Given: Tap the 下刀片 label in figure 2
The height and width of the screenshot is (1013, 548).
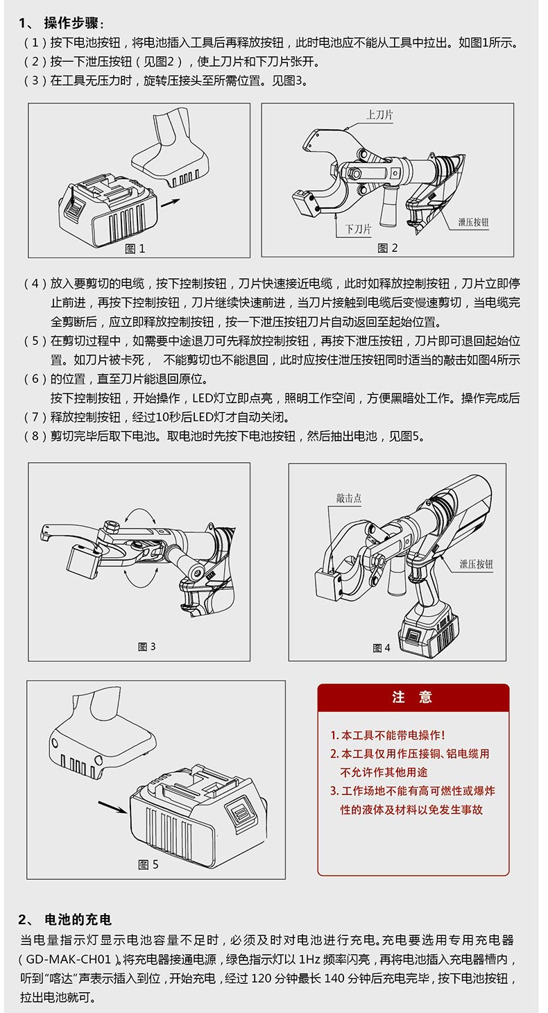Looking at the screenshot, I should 358,228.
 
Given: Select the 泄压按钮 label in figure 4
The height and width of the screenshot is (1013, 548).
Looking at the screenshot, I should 476,565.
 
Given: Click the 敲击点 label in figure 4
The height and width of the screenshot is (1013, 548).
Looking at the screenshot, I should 349,498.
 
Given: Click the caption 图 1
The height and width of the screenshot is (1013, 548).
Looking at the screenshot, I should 135,248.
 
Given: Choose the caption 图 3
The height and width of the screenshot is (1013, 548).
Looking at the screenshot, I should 147,647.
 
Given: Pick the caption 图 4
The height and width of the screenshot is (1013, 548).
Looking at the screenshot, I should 382,648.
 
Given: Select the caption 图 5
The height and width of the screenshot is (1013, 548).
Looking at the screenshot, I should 148,864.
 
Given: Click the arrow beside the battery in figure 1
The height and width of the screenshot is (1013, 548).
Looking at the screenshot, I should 171,202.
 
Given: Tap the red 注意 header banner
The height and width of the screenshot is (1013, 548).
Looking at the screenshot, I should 413,697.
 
